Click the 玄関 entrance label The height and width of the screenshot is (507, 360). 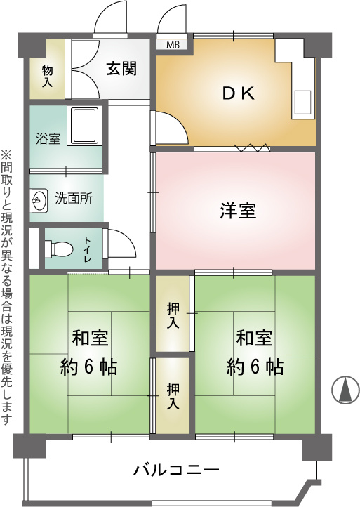(x=122, y=69)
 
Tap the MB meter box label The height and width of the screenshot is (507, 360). (x=173, y=45)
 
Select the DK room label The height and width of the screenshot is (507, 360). (x=239, y=93)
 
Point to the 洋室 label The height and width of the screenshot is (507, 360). (x=238, y=211)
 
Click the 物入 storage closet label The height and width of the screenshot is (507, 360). (x=47, y=76)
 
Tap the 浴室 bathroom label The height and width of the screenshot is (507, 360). (x=48, y=139)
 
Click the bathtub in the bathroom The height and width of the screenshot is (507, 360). (x=83, y=126)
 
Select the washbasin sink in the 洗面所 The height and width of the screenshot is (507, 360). (x=39, y=201)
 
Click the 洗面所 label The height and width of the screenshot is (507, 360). (x=74, y=198)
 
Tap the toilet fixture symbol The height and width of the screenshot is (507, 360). (x=58, y=249)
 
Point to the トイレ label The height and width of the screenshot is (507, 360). (x=88, y=249)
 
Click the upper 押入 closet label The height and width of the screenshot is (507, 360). (x=173, y=317)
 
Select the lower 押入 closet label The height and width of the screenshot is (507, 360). (x=173, y=397)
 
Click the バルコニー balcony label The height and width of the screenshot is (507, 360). (x=177, y=470)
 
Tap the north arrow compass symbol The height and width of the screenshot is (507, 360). (x=345, y=390)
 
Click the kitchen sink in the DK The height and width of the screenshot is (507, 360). (x=302, y=103)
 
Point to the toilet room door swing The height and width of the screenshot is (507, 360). (x=121, y=243)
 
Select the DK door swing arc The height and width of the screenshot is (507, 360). (x=172, y=126)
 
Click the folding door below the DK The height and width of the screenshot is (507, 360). (x=252, y=147)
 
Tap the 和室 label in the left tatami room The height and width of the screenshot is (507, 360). (x=90, y=338)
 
